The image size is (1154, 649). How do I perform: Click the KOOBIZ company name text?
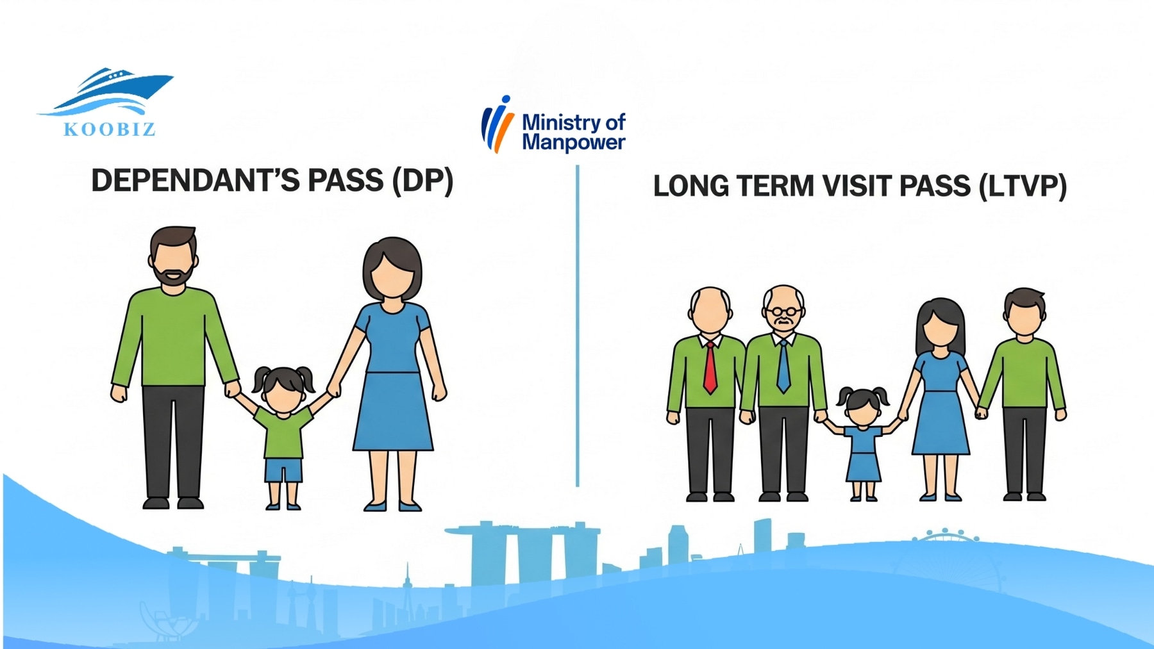[x=110, y=129]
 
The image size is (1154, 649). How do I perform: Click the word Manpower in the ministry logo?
[x=573, y=142]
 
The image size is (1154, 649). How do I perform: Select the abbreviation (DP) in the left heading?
[x=422, y=181]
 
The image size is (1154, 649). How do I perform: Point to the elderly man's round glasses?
[x=783, y=313]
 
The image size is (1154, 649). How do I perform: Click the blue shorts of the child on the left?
[x=283, y=470]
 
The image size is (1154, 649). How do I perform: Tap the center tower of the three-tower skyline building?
[x=521, y=557]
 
